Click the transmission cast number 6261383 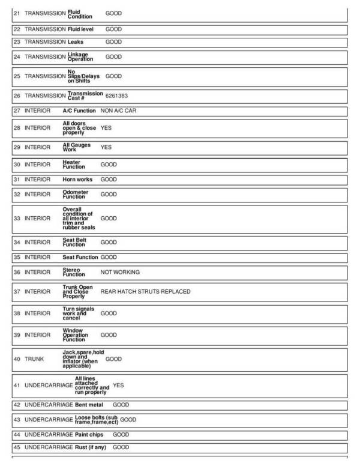click(116, 95)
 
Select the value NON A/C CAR click(118, 111)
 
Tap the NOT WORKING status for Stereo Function click(119, 272)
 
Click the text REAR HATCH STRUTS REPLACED click(145, 291)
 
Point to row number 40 click(17, 359)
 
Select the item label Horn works click(77, 180)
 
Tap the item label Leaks click(76, 42)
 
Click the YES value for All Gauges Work click(106, 147)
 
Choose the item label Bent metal click(89, 405)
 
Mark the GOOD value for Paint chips click(121, 434)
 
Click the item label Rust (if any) click(91, 447)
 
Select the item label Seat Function click(80, 257)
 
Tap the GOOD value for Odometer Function click(109, 195)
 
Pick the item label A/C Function click(79, 111)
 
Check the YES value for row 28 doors click(106, 128)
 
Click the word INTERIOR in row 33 click(37, 219)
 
